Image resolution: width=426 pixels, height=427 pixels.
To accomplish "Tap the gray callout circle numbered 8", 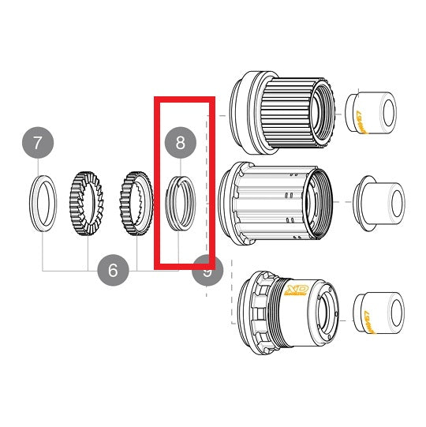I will [x=180, y=143].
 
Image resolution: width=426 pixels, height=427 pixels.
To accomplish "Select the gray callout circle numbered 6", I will [x=113, y=271].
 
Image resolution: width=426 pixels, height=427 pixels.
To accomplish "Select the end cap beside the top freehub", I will [x=370, y=113].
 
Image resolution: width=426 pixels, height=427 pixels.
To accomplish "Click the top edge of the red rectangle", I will [x=183, y=100].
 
